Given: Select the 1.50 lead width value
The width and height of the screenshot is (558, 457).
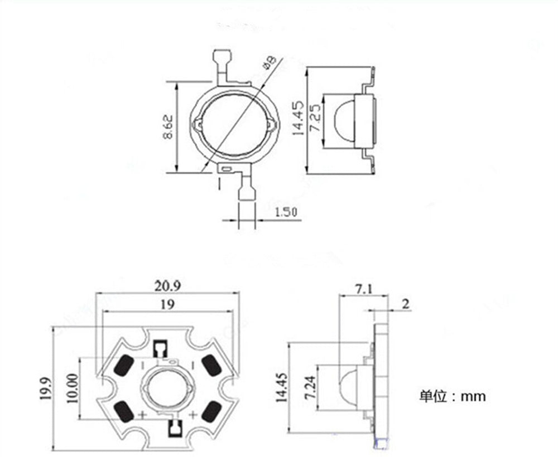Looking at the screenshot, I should pyautogui.click(x=286, y=212).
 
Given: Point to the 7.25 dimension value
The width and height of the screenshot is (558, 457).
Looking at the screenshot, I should pyautogui.click(x=315, y=118).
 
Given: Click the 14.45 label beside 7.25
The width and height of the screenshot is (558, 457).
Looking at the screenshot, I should pyautogui.click(x=298, y=118).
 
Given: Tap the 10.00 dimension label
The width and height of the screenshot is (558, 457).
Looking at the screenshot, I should pyautogui.click(x=73, y=388).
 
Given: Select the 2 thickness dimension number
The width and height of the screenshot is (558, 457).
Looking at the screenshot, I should pyautogui.click(x=405, y=304).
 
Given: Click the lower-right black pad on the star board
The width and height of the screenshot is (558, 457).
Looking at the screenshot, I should pyautogui.click(x=211, y=412).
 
